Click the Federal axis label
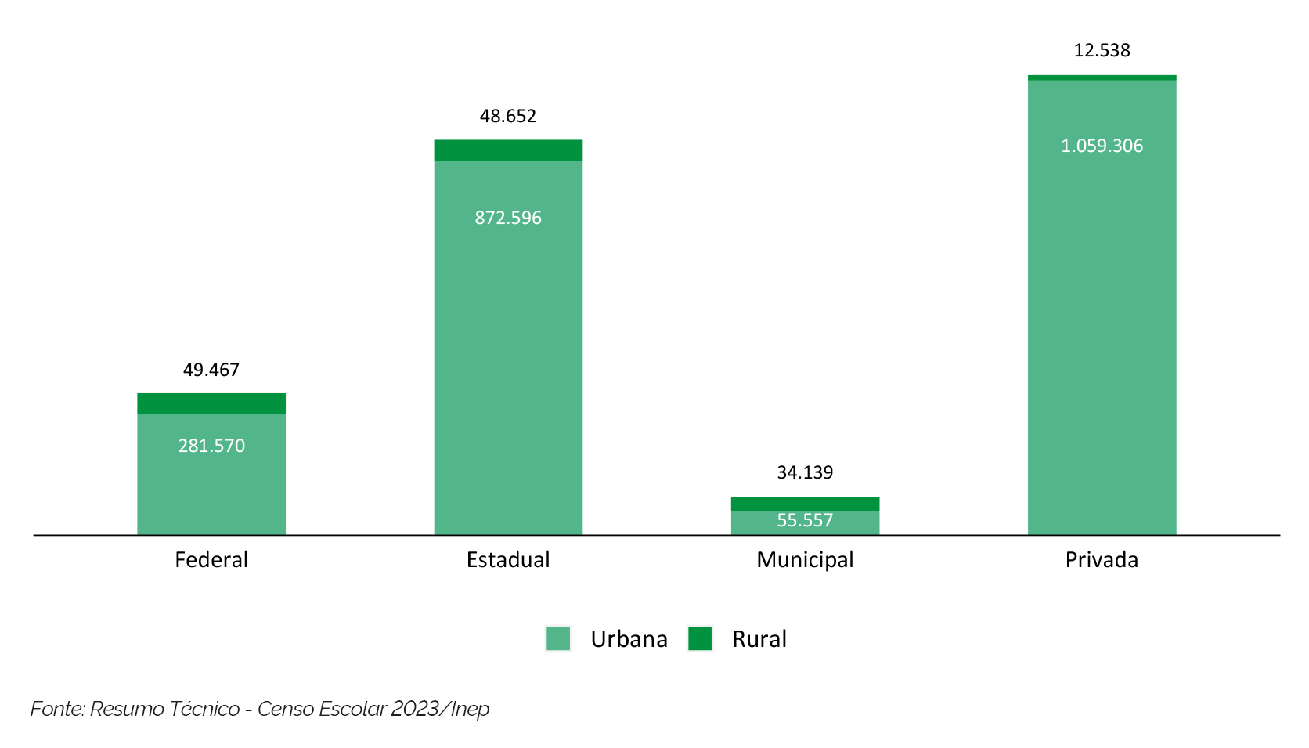point(211,559)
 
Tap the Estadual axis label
point(508,559)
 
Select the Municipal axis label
point(805,560)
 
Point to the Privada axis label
point(1102,559)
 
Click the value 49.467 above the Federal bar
point(211,370)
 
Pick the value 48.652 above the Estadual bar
point(508,116)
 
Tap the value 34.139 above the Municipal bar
point(805,472)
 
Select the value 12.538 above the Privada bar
point(1102,50)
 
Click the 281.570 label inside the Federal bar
point(211,446)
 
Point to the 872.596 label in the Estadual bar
point(508,218)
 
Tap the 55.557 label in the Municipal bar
point(805,521)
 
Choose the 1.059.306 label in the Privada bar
point(1102,146)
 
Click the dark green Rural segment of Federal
point(211,403)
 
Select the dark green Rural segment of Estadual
point(508,150)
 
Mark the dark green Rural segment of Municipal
point(805,504)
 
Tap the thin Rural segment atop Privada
point(1102,78)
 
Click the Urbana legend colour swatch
point(558,639)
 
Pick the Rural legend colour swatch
point(700,639)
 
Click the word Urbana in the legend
point(629,639)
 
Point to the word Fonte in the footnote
point(57,709)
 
